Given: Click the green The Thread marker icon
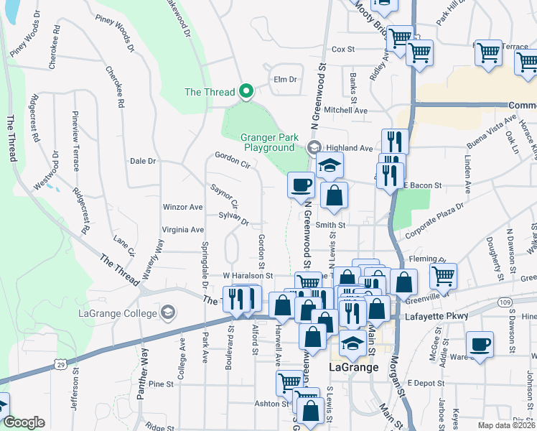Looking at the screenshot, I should [246, 91].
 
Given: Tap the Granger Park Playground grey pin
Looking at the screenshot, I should [314, 147].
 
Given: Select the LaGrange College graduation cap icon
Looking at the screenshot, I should [168, 312].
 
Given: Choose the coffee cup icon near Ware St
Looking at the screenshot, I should [480, 343].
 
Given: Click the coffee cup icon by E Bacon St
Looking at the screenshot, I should [301, 185].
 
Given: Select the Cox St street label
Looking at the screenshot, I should [343, 50].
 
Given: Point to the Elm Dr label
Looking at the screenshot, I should [285, 79].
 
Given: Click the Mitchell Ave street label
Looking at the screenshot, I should [345, 111].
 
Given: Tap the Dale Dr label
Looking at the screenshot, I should [143, 161].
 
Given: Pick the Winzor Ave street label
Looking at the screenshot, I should [183, 207].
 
